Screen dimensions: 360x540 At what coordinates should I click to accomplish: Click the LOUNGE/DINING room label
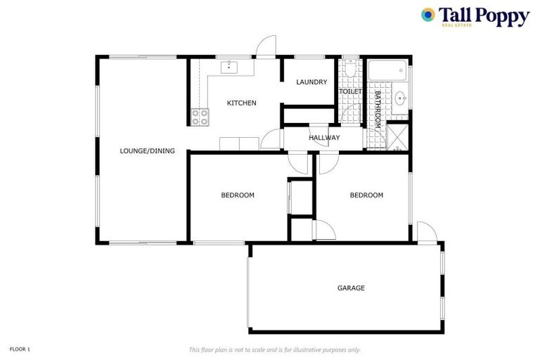(147, 150)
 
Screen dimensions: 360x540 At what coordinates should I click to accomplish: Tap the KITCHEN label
(241, 103)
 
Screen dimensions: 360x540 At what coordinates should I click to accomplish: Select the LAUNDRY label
(311, 82)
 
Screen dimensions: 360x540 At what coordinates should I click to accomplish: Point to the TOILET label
(350, 91)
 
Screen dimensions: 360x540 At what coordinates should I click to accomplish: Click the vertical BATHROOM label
(378, 108)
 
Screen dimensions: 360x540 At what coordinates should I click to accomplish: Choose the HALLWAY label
(324, 138)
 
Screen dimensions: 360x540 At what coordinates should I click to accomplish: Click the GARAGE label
(351, 288)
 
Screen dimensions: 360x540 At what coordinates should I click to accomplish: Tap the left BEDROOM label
(238, 195)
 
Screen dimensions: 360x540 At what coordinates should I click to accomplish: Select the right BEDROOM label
(366, 195)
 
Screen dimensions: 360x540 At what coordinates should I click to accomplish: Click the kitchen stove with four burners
(200, 117)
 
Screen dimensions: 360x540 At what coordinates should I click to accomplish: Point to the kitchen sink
(230, 67)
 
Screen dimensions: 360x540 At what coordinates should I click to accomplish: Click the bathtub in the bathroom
(387, 70)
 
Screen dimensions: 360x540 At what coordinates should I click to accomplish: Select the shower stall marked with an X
(399, 137)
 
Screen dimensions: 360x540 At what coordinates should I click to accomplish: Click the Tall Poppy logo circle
(427, 14)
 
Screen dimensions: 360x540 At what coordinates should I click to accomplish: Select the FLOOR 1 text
(20, 349)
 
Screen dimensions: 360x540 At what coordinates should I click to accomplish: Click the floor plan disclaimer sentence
(274, 349)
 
